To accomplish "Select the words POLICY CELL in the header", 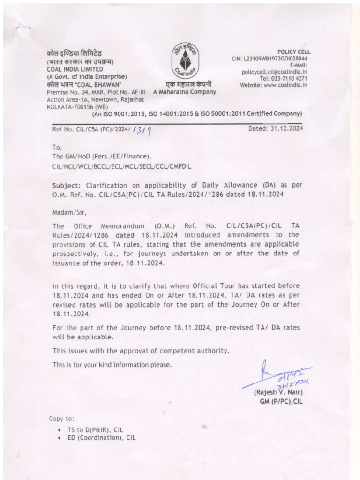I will (293, 52).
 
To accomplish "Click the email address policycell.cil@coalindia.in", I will (274, 72).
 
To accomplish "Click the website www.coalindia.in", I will (285, 85).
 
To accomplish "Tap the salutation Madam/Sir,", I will (69, 212).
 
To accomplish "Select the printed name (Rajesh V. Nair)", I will (278, 392).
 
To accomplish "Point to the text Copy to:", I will (61, 419).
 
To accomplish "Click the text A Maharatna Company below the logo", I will (185, 92).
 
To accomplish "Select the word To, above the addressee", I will (57, 147).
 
